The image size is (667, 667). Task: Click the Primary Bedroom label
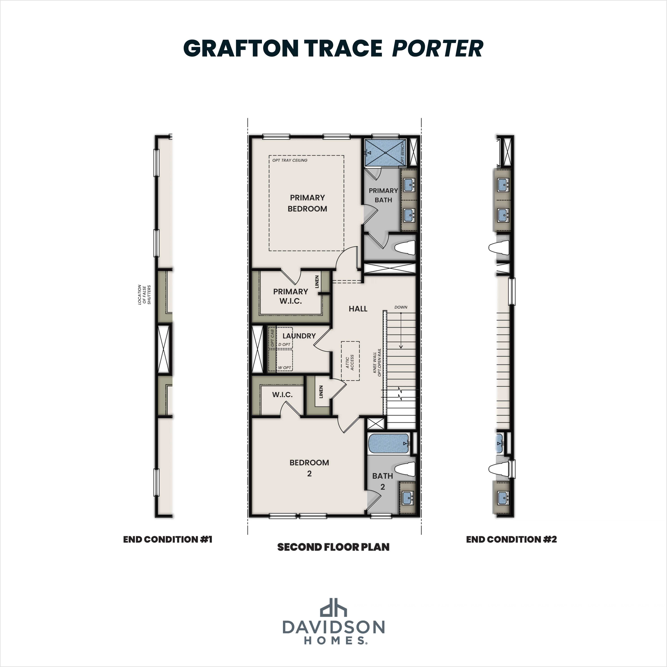click(x=307, y=203)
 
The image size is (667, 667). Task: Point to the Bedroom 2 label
click(x=309, y=468)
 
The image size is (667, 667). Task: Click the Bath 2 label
click(x=382, y=481)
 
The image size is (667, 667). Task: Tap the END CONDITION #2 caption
click(x=511, y=539)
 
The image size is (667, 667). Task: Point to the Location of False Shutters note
click(x=144, y=294)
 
